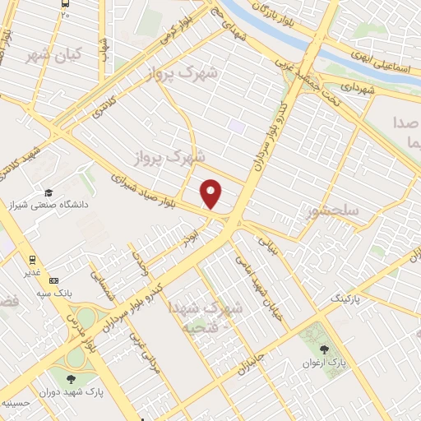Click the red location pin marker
tap(212, 195)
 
